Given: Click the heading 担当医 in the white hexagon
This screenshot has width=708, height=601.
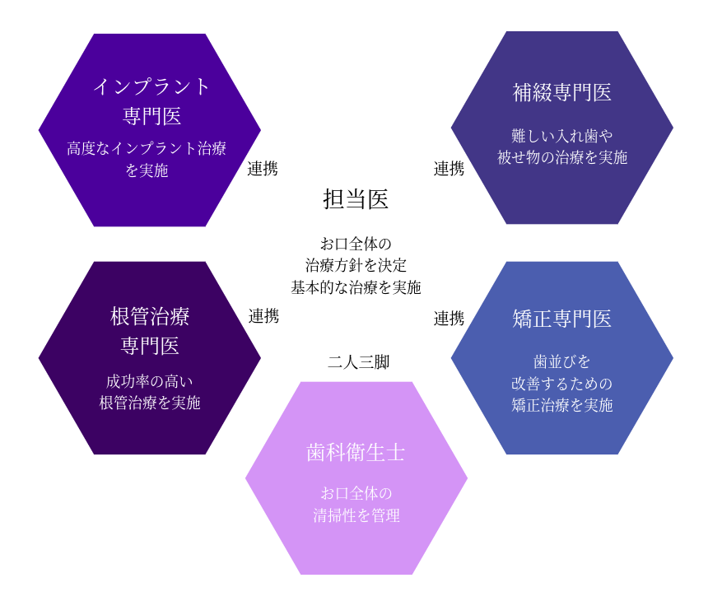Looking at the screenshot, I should pyautogui.click(x=356, y=199).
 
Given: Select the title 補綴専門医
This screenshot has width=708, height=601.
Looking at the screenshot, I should pyautogui.click(x=562, y=92).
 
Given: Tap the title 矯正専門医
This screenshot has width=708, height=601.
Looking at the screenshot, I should pyautogui.click(x=562, y=319).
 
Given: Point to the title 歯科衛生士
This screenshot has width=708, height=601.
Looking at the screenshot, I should pyautogui.click(x=356, y=453).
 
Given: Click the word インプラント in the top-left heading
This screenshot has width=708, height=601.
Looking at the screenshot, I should pyautogui.click(x=151, y=86).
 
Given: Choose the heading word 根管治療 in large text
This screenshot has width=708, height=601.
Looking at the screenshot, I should pyautogui.click(x=150, y=316).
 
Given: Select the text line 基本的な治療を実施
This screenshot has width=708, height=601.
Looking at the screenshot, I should pyautogui.click(x=356, y=287).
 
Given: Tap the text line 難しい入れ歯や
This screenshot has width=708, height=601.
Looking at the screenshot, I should pyautogui.click(x=562, y=135).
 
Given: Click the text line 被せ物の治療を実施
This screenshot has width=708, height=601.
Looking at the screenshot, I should pyautogui.click(x=562, y=157).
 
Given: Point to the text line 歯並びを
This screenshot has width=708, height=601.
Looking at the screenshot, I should pyautogui.click(x=562, y=361).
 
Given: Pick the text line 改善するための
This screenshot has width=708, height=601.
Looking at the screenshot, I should pyautogui.click(x=562, y=384).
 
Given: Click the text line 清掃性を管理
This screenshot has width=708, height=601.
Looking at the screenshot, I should pyautogui.click(x=356, y=516).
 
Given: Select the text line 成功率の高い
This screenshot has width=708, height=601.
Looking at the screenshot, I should pyautogui.click(x=150, y=381).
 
